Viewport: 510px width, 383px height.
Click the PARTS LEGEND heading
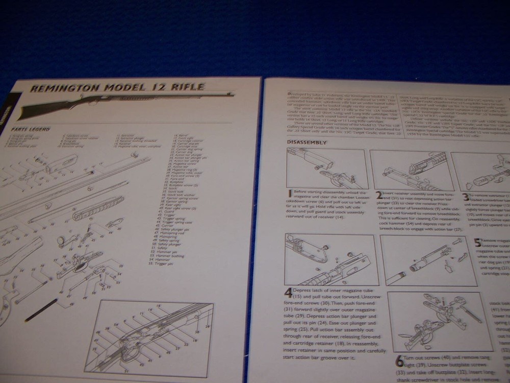click(31, 129)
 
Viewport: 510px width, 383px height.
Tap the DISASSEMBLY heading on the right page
click(307, 142)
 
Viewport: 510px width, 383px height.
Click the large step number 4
click(289, 293)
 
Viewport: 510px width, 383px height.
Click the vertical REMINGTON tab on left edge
click(5, 110)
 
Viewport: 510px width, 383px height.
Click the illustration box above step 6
click(441, 322)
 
